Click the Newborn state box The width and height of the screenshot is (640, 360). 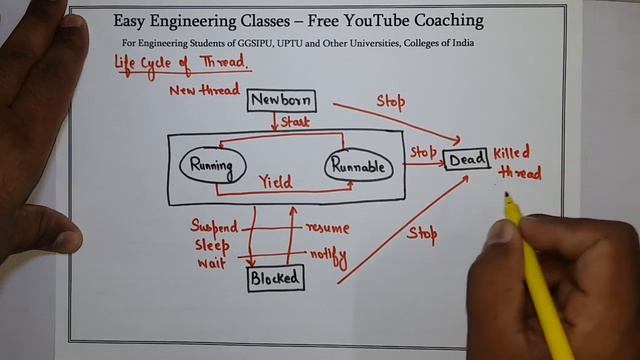tap(281, 100)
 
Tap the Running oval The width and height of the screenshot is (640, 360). tap(210, 165)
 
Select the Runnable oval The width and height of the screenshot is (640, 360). tap(357, 167)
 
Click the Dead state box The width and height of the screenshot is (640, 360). tap(466, 159)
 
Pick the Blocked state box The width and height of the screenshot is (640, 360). tap(275, 278)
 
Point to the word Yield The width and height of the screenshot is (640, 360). tap(275, 182)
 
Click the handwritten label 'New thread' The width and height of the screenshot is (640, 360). tap(204, 91)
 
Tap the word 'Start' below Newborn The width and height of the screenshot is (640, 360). tap(295, 123)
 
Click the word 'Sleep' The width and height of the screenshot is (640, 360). tap(212, 246)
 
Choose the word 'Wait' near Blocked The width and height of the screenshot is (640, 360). tap(209, 264)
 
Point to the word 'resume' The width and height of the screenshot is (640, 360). tap(327, 229)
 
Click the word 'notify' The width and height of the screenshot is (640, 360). tap(328, 257)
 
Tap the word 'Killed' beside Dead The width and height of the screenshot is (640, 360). tap(511, 152)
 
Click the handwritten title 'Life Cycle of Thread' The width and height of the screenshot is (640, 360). tap(180, 64)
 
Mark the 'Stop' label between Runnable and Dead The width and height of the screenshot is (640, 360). tap(423, 151)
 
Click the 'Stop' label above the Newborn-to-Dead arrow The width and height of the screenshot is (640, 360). tap(391, 101)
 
